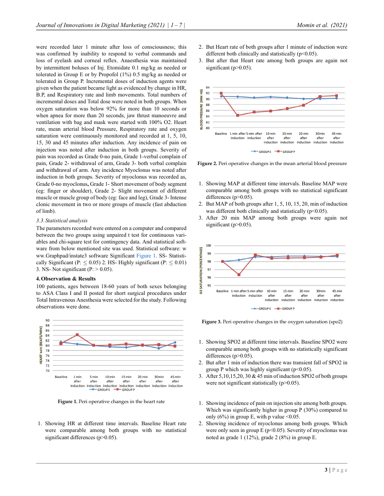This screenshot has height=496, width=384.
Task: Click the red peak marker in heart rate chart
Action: pyautogui.click(x=77, y=335)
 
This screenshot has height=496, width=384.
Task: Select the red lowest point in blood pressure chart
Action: pyautogui.click(x=238, y=115)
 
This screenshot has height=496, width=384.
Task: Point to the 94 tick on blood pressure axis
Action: pyautogui.click(x=207, y=87)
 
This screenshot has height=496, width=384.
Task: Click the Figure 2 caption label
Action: pyautogui.click(x=207, y=163)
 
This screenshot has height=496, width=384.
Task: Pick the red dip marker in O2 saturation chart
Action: pyautogui.click(x=239, y=275)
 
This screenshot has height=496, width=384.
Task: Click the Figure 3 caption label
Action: pyautogui.click(x=211, y=322)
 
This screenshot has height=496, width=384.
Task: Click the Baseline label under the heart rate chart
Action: pyautogui.click(x=61, y=376)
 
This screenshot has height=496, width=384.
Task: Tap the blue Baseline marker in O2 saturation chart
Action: pyautogui.click(x=222, y=262)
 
